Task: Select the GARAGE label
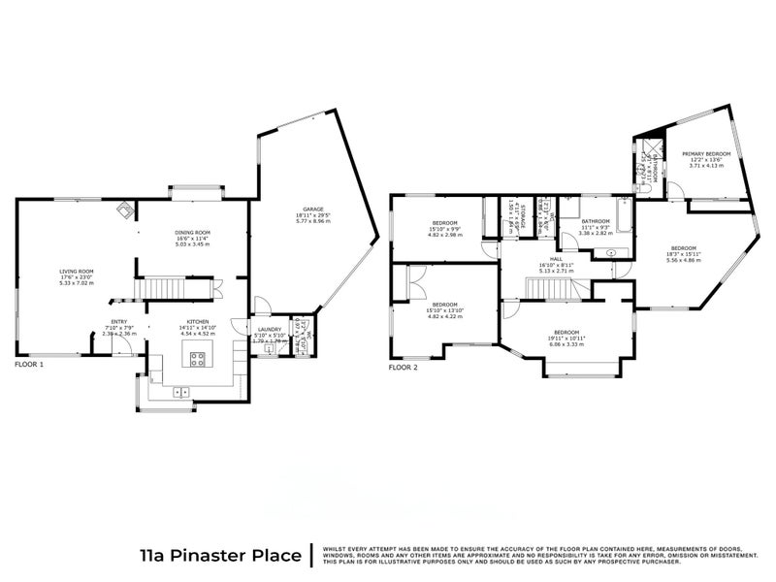[312, 209]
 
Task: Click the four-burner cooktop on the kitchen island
[197, 359]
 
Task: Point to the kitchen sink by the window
[179, 392]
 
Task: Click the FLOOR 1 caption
[33, 366]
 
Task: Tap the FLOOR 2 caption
[403, 369]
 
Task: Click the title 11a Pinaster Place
[221, 555]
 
